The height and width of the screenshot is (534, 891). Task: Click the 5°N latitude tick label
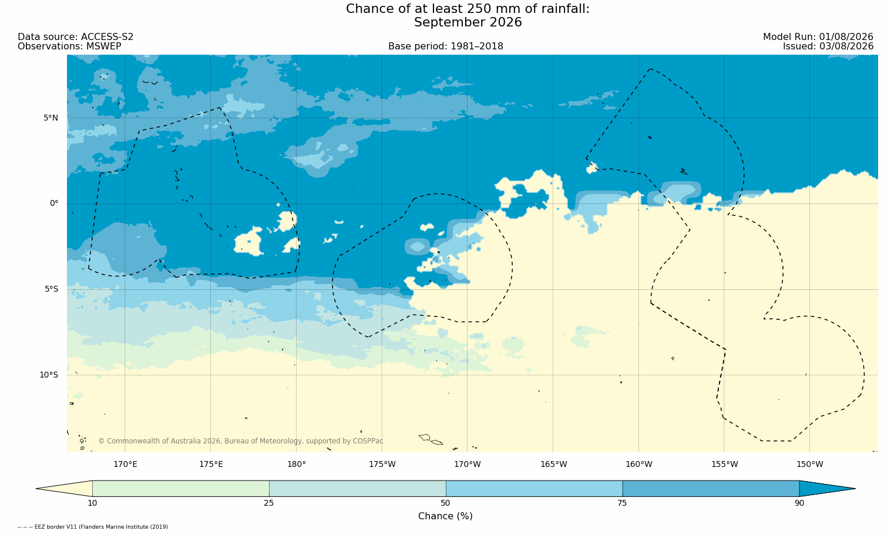[x=51, y=118]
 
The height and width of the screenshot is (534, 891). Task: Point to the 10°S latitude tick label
[x=49, y=375]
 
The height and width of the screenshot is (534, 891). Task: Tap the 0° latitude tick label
[x=54, y=203]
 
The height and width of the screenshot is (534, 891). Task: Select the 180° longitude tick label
[x=297, y=465]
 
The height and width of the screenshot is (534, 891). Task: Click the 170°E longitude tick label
[x=125, y=465]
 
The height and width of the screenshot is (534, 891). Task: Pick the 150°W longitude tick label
[x=810, y=465]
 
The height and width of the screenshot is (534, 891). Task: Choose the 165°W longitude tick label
[x=553, y=465]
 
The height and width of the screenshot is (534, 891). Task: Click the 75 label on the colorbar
[x=622, y=503]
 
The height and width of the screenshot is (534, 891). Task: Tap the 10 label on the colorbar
[x=92, y=503]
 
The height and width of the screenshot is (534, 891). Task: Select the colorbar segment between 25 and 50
[x=358, y=489]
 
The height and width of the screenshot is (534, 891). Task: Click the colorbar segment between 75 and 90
[x=711, y=489]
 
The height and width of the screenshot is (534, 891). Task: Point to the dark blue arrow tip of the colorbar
[x=855, y=489]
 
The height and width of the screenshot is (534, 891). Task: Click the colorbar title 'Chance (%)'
[x=445, y=516]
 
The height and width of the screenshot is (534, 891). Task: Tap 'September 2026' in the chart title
[x=468, y=22]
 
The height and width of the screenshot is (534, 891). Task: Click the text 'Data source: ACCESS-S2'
[x=76, y=37]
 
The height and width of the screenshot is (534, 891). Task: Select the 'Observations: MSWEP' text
[x=69, y=46]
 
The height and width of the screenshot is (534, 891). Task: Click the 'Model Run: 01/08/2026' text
[x=818, y=37]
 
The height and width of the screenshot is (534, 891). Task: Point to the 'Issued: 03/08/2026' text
[x=828, y=46]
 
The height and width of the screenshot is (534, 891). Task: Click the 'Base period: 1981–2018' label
[x=445, y=46]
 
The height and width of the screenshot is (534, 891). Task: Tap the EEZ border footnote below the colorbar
[x=93, y=527]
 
